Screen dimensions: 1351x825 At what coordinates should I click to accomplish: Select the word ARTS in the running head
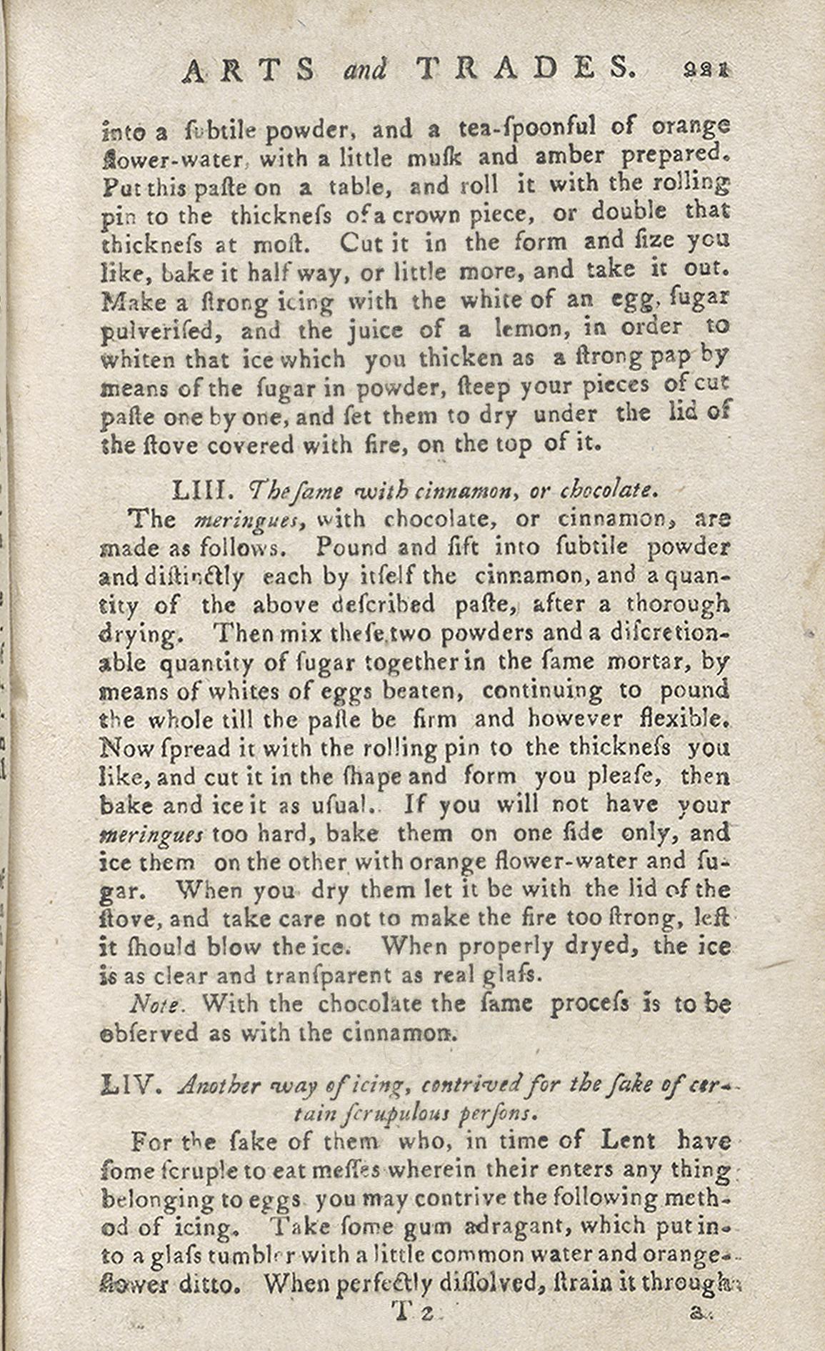249,69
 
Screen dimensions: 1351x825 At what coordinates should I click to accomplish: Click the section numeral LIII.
201,490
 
